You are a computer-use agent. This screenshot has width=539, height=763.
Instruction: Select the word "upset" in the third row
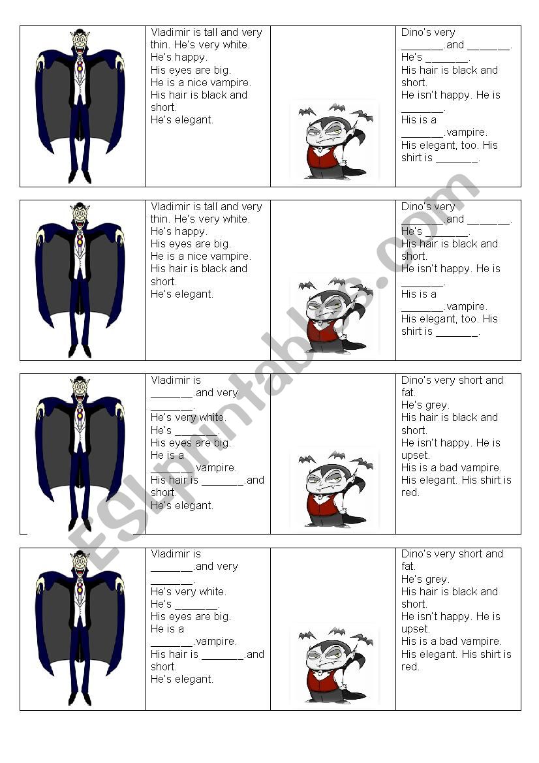(x=415, y=456)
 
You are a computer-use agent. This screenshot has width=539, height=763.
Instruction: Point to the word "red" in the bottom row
(x=409, y=666)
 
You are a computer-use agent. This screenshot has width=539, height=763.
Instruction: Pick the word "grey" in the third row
(x=437, y=405)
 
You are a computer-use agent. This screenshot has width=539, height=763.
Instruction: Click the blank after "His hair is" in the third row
(x=223, y=481)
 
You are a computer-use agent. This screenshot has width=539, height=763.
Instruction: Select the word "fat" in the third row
(x=408, y=393)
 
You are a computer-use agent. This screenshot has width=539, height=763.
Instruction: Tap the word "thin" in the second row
(x=160, y=219)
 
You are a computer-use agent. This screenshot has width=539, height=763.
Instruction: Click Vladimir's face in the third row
(x=80, y=388)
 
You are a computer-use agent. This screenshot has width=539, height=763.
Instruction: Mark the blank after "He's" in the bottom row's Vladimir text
(x=196, y=605)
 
